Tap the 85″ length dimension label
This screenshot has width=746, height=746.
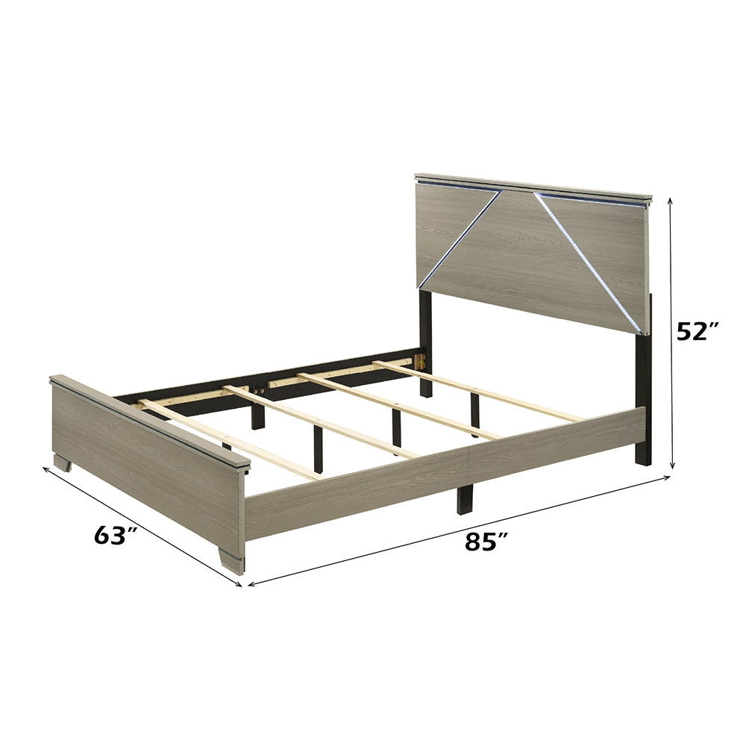[x=480, y=542]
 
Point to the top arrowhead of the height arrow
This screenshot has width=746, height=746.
[x=671, y=200]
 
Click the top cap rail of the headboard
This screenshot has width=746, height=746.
[x=533, y=187]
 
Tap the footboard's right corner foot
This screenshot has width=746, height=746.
[x=233, y=562]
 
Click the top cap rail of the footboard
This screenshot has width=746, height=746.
[x=149, y=419]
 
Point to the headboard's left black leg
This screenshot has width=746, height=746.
[x=425, y=343]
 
